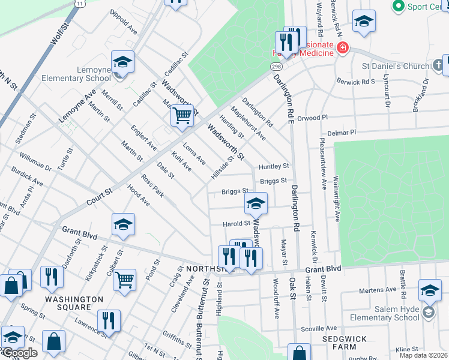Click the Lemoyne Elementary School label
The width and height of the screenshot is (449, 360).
[x=76, y=74]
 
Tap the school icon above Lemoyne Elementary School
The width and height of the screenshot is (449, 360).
[x=122, y=62]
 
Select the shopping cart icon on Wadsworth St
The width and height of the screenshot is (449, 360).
[x=182, y=114]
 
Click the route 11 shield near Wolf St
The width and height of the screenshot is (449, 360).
[x=80, y=4]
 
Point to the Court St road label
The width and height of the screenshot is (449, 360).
[x=100, y=193]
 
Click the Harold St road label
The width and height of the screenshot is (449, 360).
[x=235, y=224]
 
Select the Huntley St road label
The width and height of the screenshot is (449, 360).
[x=274, y=166]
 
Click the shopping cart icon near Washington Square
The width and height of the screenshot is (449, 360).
[x=124, y=278]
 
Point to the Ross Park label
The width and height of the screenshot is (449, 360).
[x=152, y=186]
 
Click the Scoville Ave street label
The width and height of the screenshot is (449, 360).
[x=316, y=329]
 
